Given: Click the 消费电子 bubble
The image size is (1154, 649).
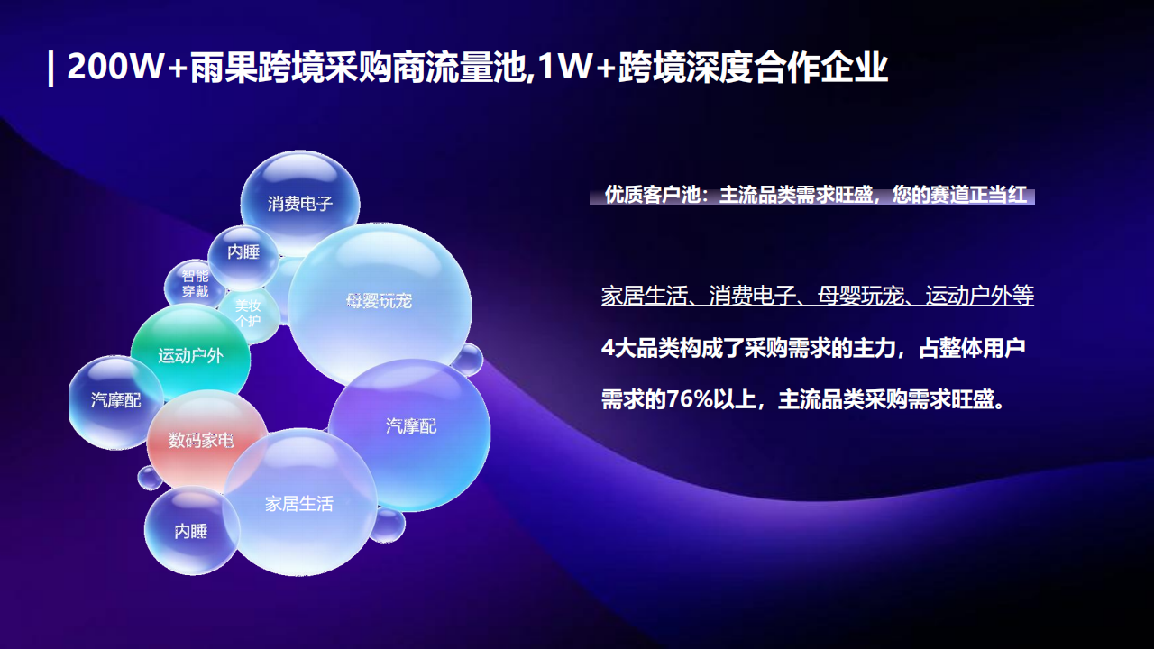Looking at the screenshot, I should [x=300, y=204].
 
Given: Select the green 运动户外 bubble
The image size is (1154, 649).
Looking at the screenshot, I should [x=190, y=355].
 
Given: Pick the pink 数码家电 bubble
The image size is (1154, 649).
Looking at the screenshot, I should [x=200, y=440].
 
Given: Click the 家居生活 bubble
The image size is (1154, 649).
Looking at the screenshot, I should [x=299, y=503].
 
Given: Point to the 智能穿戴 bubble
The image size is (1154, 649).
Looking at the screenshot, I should [x=195, y=284].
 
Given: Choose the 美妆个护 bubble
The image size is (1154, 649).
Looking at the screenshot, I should [x=248, y=313].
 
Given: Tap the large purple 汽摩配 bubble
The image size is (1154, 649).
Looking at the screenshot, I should [x=411, y=425].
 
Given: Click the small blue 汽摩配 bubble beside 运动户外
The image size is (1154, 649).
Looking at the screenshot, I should [x=115, y=400].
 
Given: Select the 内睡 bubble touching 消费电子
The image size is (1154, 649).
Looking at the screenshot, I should [x=243, y=252].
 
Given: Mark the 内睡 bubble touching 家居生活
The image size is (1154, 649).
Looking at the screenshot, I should [x=191, y=531].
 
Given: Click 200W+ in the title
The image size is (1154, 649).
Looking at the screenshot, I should [x=126, y=69].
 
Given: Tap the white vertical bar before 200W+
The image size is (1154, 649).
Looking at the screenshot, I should [x=50, y=69].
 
